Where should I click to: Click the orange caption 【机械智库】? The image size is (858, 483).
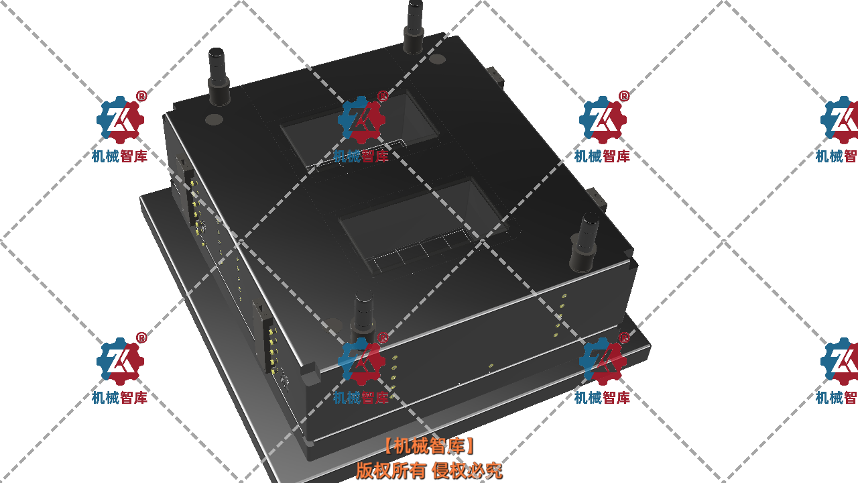coord(429,446)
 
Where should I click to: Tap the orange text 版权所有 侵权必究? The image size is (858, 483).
coord(429,470)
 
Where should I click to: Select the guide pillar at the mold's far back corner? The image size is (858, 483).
coord(414,26)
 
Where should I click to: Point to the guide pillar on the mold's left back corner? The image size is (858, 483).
coord(219,76)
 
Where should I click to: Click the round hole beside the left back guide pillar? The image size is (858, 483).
coord(214,119)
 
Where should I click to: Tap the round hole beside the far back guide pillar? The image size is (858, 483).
coord(436,59)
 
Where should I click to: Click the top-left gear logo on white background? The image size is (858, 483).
coord(120,119)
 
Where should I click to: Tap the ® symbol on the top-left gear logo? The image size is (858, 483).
coord(141,96)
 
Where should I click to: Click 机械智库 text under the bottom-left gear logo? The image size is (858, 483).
coord(119,398)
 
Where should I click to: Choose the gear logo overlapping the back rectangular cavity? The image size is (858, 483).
coord(361,119)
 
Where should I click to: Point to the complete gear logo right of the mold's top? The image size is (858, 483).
coord(603,119)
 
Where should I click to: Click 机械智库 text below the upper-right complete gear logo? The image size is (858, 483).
coord(602,156)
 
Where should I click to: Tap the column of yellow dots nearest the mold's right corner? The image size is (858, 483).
coord(560,315)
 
